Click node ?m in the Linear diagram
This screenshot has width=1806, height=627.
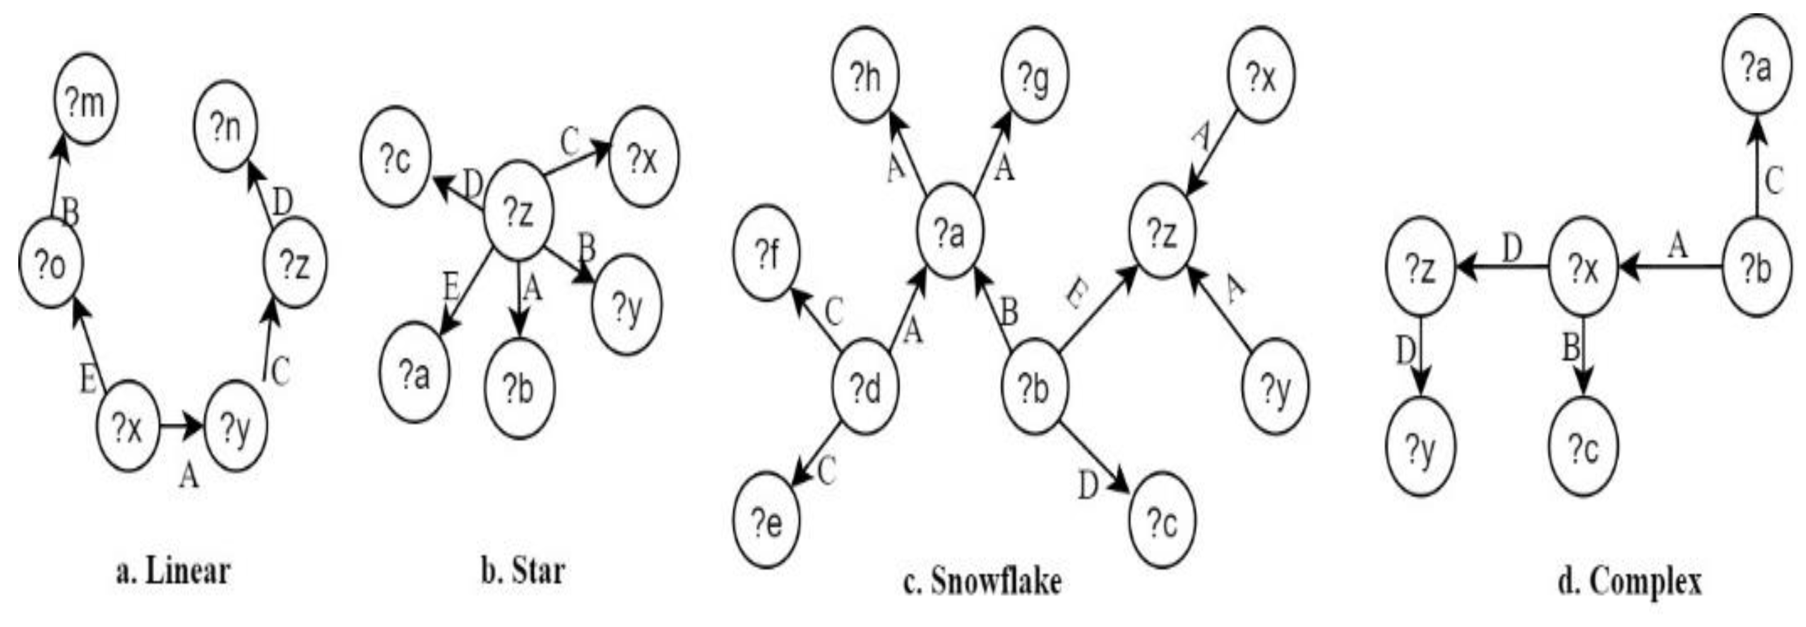point(86,99)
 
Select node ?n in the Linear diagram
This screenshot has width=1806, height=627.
point(226,126)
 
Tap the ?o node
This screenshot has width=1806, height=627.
point(50,264)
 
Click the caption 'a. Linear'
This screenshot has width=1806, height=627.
point(172,572)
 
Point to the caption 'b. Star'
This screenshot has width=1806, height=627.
point(522,572)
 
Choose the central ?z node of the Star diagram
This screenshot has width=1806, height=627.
point(519,210)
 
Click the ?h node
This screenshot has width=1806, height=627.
point(866,76)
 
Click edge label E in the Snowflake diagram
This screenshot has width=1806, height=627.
point(1073,295)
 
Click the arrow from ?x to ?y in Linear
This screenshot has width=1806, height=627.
point(181,426)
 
